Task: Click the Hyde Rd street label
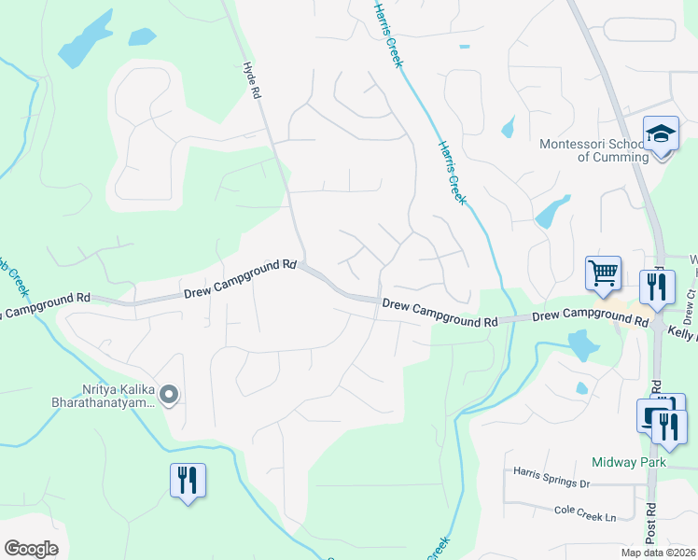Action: click(x=249, y=76)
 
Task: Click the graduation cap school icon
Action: click(x=661, y=134)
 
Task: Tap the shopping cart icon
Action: click(x=603, y=273)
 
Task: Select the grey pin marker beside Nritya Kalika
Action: click(x=169, y=396)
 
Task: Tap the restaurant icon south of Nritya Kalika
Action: click(x=188, y=481)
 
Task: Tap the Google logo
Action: click(x=31, y=548)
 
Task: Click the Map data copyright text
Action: click(x=657, y=553)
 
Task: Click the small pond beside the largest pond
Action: click(x=142, y=36)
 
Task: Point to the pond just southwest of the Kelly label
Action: click(x=582, y=346)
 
